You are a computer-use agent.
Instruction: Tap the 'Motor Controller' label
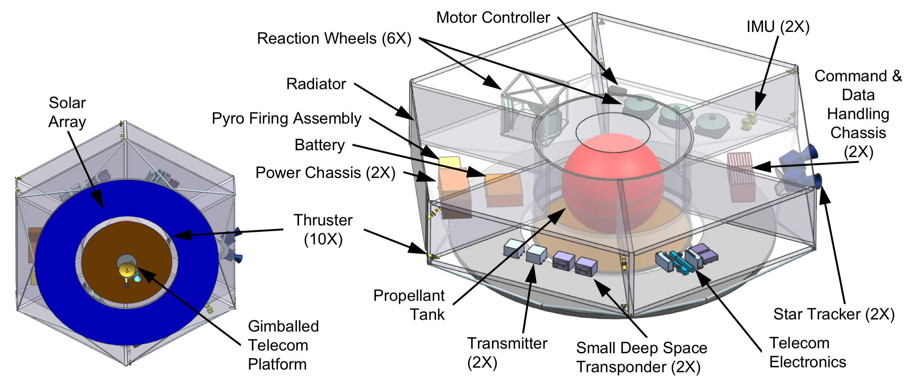point(493,17)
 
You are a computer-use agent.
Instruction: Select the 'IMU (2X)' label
point(778,27)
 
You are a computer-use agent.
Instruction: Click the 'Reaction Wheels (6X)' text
point(334,38)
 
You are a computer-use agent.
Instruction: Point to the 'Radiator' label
point(316,84)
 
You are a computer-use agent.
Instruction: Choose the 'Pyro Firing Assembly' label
point(287,118)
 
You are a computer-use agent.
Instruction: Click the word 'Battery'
point(320,145)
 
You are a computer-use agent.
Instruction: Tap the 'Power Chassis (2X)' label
point(325,173)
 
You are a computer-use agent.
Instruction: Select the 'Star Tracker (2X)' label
point(834,314)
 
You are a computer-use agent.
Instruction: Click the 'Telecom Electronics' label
point(807,352)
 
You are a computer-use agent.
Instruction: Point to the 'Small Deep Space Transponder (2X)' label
point(641,357)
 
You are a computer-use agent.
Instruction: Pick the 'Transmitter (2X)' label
point(507,353)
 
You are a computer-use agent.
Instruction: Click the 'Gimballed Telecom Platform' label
point(283,345)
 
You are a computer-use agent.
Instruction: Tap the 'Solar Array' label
point(67,112)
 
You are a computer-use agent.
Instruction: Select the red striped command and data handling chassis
point(740,177)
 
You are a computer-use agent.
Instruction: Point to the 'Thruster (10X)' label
point(323,230)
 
